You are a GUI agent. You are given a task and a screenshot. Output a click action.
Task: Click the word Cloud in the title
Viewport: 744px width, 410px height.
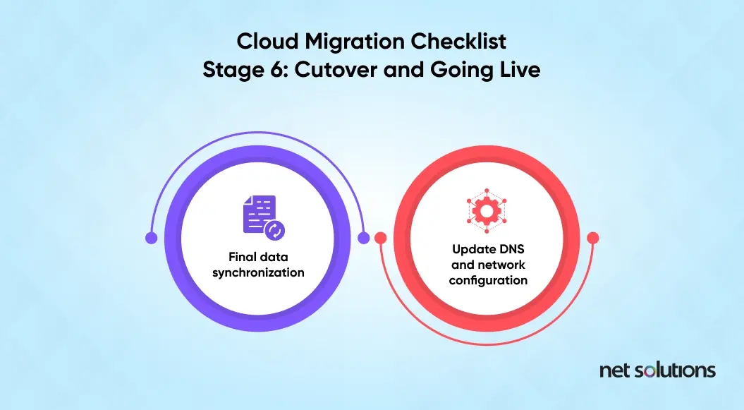click(x=267, y=42)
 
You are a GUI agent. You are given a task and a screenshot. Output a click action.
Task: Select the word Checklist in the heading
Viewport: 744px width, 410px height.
click(x=458, y=42)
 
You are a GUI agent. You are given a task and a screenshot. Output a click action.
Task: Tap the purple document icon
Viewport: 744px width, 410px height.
click(x=259, y=214)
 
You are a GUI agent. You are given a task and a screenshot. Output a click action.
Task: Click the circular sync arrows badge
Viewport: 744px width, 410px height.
click(x=275, y=230)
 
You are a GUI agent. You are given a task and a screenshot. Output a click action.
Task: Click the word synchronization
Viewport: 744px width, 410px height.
click(x=258, y=272)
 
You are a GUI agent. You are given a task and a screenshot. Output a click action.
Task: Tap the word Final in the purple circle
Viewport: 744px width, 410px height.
click(x=239, y=257)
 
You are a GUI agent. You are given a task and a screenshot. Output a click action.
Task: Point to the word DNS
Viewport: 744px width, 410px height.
click(x=511, y=249)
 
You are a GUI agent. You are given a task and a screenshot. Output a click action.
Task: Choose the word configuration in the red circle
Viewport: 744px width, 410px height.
click(x=488, y=280)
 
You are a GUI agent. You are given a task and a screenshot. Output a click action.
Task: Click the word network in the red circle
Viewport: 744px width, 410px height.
click(x=501, y=265)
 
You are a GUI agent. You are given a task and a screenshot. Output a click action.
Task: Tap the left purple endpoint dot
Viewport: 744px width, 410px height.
click(x=152, y=238)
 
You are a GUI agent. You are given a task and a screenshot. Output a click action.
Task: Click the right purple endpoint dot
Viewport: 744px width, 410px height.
click(x=363, y=238)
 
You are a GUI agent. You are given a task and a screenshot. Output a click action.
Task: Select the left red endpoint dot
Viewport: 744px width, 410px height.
click(x=381, y=238)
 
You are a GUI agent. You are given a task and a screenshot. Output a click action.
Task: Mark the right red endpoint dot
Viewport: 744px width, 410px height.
click(x=592, y=238)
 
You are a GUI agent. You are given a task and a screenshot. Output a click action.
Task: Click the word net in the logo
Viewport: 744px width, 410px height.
click(x=614, y=370)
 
